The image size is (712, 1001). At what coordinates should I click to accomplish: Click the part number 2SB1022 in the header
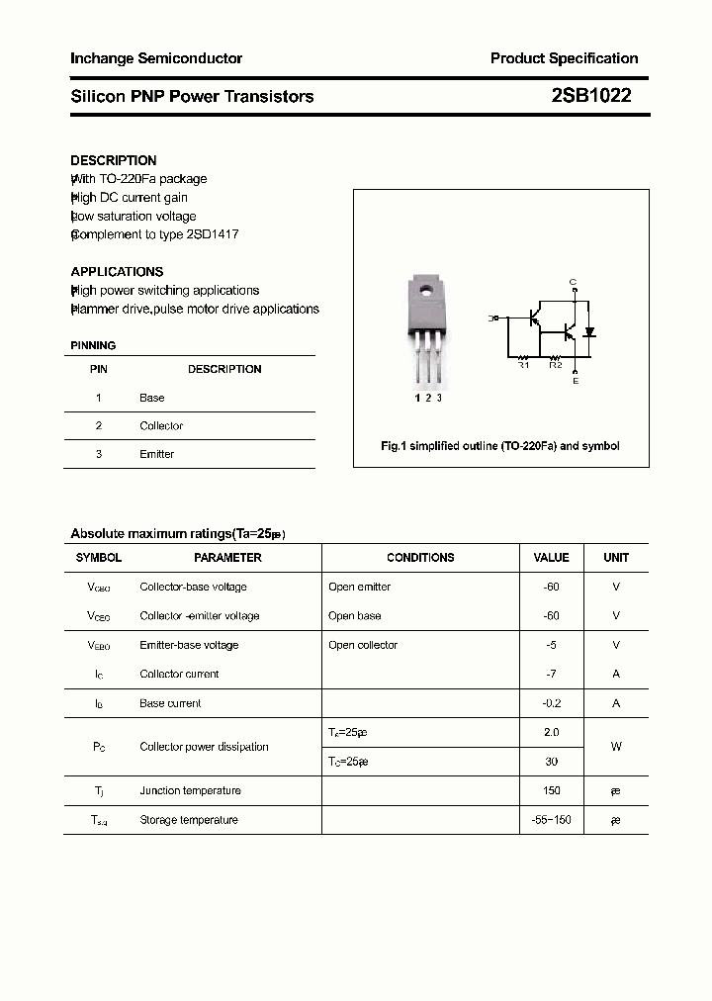pyautogui.click(x=591, y=96)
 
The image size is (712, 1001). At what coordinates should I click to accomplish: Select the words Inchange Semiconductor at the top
pyautogui.click(x=156, y=58)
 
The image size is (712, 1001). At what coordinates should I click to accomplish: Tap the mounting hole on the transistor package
pyautogui.click(x=426, y=291)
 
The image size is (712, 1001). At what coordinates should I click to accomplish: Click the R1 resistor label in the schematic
pyautogui.click(x=524, y=365)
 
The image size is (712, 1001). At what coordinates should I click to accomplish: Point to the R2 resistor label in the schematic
pyautogui.click(x=555, y=365)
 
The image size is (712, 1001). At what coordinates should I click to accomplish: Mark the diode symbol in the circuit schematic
pyautogui.click(x=589, y=331)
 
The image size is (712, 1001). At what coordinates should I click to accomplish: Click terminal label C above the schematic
pyautogui.click(x=573, y=282)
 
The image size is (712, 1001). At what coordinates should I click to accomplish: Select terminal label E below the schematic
pyautogui.click(x=576, y=381)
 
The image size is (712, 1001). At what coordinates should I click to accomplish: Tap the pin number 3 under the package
pyautogui.click(x=439, y=398)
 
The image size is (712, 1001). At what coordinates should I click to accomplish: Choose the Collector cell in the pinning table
pyautogui.click(x=161, y=426)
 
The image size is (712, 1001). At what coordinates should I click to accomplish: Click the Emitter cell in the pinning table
pyautogui.click(x=156, y=454)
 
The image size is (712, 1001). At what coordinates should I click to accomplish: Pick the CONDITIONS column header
pyautogui.click(x=420, y=558)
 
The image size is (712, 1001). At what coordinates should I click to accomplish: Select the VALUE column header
pyautogui.click(x=551, y=558)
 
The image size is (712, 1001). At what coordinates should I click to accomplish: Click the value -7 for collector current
pyautogui.click(x=551, y=675)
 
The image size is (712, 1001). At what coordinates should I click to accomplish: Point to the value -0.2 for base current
pyautogui.click(x=551, y=703)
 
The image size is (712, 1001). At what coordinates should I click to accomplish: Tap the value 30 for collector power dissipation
pyautogui.click(x=551, y=762)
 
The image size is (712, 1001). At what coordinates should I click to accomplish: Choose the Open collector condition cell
pyautogui.click(x=363, y=645)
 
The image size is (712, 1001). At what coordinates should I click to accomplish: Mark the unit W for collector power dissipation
pyautogui.click(x=616, y=747)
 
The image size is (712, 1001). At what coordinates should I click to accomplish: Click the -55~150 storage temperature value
pyautogui.click(x=551, y=820)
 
